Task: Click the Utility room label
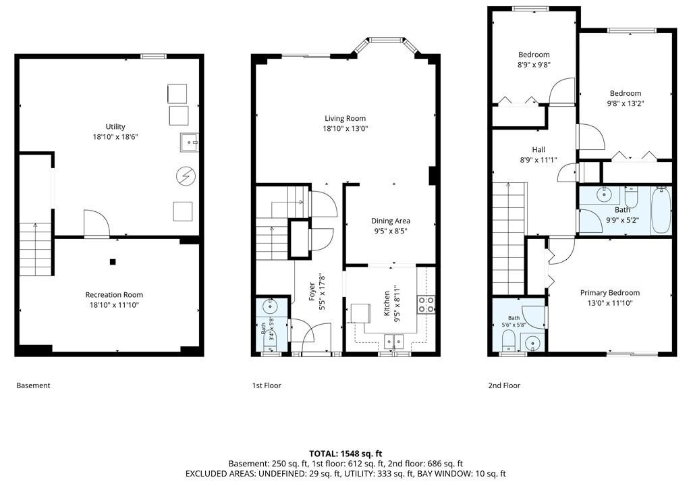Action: (x=115, y=127)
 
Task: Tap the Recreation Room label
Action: (x=114, y=294)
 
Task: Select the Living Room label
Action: (x=345, y=118)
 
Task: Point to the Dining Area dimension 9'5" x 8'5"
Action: (x=391, y=231)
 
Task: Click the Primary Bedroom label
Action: (x=609, y=293)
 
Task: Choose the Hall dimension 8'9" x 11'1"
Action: (x=538, y=160)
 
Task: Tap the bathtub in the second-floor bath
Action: (x=661, y=211)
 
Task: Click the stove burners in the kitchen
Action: (x=426, y=304)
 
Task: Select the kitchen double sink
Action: (x=393, y=341)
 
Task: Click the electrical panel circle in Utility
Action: (x=186, y=176)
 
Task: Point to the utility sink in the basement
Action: (x=189, y=142)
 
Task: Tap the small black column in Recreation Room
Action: (x=113, y=262)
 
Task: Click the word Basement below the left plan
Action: (x=33, y=385)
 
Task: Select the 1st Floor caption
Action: (x=266, y=385)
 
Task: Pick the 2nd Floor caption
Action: (x=504, y=385)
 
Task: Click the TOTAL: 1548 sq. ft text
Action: (x=345, y=454)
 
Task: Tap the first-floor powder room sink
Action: (x=269, y=304)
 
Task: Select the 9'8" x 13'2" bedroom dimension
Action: (x=626, y=104)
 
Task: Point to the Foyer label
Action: (x=312, y=292)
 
